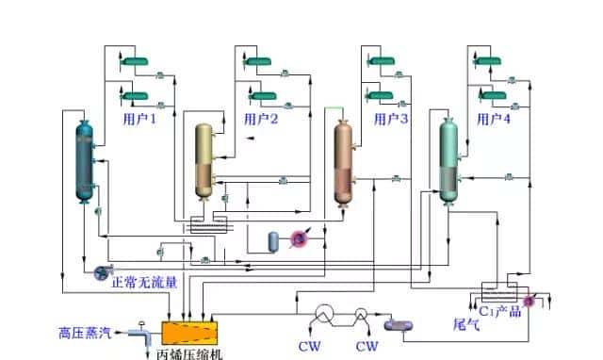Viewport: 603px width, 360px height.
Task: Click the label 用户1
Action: pos(139,120)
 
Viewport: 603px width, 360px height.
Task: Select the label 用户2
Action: pos(261,120)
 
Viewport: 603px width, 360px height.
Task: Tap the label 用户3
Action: pos(391,120)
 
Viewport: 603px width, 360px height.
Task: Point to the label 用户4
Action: pos(494,120)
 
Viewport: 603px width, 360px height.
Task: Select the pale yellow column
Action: pos(204,159)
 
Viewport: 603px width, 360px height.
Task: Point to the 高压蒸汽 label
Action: pos(85,332)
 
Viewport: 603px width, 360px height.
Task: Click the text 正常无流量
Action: pos(144,281)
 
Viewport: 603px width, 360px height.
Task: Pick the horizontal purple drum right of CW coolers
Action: pos(399,325)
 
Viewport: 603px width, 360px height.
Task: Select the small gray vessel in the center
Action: pos(272,241)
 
